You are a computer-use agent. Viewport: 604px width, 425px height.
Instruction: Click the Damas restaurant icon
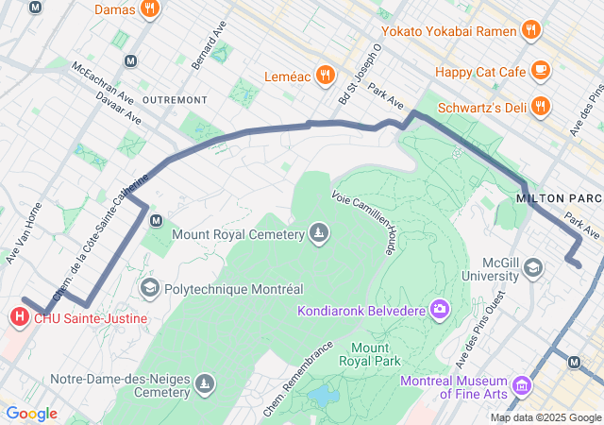pos(149,9)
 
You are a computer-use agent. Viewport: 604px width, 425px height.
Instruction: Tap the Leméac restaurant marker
pos(325,75)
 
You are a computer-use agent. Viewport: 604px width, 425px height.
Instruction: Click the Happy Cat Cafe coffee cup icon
pos(540,70)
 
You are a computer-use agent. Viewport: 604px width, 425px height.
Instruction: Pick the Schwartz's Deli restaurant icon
pos(540,106)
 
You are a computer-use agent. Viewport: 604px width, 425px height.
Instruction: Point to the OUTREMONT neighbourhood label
pos(174,99)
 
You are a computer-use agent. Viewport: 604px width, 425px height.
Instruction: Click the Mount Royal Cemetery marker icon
pos(320,233)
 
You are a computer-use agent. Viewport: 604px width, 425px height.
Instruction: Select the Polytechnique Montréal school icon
pos(149,287)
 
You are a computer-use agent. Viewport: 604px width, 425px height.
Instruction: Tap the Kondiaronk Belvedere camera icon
pos(440,309)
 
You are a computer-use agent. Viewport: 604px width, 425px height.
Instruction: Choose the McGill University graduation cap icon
pos(532,268)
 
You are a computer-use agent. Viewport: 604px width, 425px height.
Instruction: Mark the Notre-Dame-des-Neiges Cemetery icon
pos(205,383)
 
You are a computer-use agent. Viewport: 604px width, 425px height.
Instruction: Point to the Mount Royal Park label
pos(375,354)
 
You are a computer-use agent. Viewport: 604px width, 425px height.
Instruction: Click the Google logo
pos(31,414)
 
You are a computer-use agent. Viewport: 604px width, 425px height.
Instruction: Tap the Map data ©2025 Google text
pos(545,417)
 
